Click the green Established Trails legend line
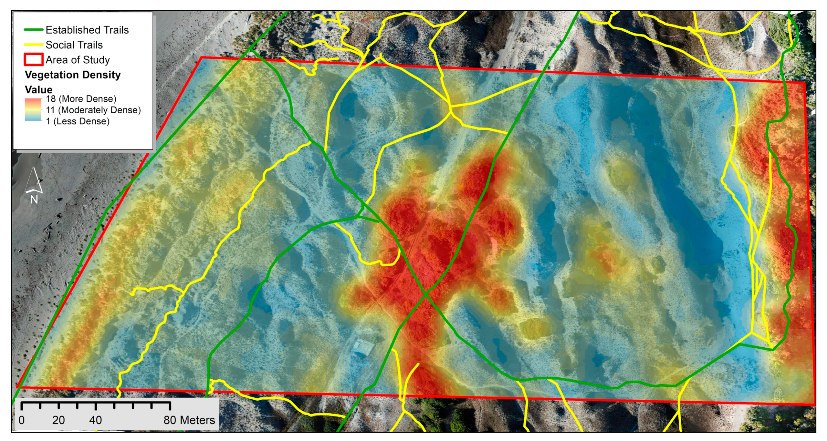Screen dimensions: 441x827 coord(33,30)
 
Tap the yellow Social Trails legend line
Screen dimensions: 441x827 coord(33,45)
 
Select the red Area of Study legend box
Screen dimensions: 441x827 coord(33,59)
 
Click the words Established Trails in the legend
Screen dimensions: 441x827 coord(87,30)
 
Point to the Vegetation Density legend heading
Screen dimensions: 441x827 coord(73,75)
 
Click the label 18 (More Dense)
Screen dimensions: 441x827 coord(81,99)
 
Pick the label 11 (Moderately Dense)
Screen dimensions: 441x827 coord(93,110)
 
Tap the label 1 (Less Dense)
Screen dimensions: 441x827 coord(78,121)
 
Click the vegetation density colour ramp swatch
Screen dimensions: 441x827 coord(33,110)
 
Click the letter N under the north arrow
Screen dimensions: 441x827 coord(34,200)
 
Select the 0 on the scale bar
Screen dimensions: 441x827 coord(22,420)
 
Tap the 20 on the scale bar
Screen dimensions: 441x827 coord(58,420)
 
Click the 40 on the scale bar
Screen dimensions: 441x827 coord(95,420)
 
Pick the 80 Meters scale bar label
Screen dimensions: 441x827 coord(189,420)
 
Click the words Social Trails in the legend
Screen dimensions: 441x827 coord(74,45)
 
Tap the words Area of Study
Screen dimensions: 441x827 coord(78,60)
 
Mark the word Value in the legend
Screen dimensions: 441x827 coord(38,89)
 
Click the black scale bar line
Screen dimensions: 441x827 coord(96,402)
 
